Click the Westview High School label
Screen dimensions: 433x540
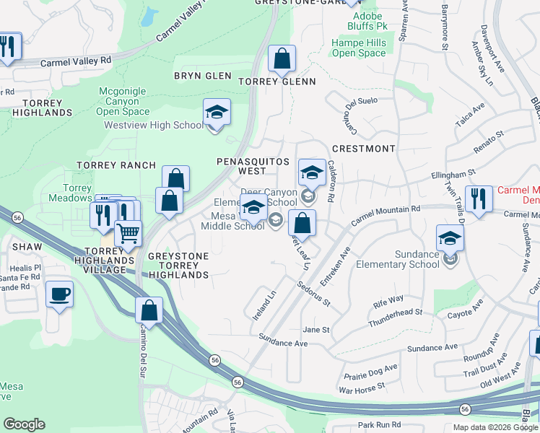154,125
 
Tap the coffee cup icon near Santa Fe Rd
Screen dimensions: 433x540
59,294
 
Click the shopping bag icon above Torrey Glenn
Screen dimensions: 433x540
282,58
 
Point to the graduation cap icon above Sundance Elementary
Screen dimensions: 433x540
450,238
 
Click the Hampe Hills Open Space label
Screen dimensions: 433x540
359,48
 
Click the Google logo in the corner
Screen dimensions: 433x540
24,424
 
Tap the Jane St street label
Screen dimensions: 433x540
316,330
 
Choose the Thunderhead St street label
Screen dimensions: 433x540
394,317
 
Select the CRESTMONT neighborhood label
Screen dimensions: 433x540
363,149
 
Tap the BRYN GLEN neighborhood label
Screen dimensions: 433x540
203,76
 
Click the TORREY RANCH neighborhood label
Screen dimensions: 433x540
116,165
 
